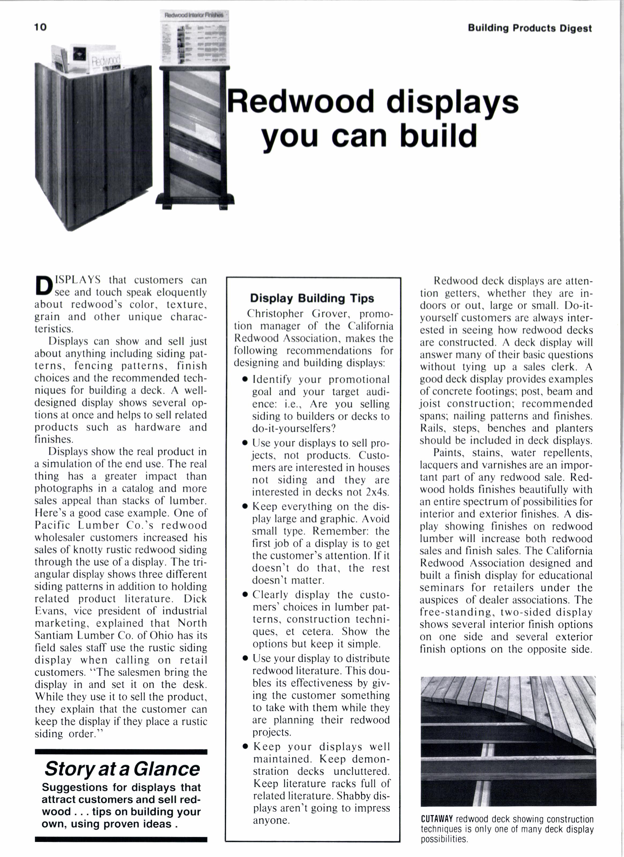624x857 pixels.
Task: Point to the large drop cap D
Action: [x=43, y=286]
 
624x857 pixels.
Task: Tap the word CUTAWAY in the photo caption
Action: [x=436, y=819]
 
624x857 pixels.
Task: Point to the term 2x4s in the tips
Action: [x=378, y=492]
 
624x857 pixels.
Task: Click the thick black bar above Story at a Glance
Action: [x=121, y=752]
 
